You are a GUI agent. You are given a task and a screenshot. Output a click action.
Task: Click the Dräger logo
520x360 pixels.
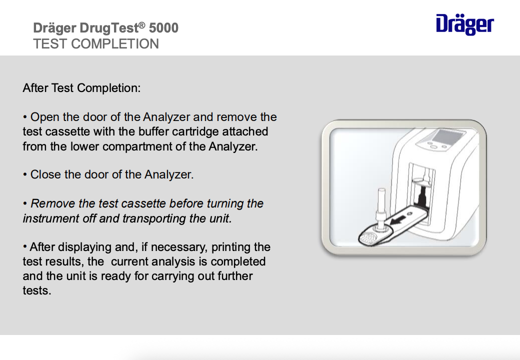coord(464,24)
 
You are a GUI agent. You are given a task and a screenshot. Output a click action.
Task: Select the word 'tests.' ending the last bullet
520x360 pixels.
coord(37,290)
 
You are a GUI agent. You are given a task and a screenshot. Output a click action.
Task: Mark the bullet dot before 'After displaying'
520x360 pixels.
coord(25,247)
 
